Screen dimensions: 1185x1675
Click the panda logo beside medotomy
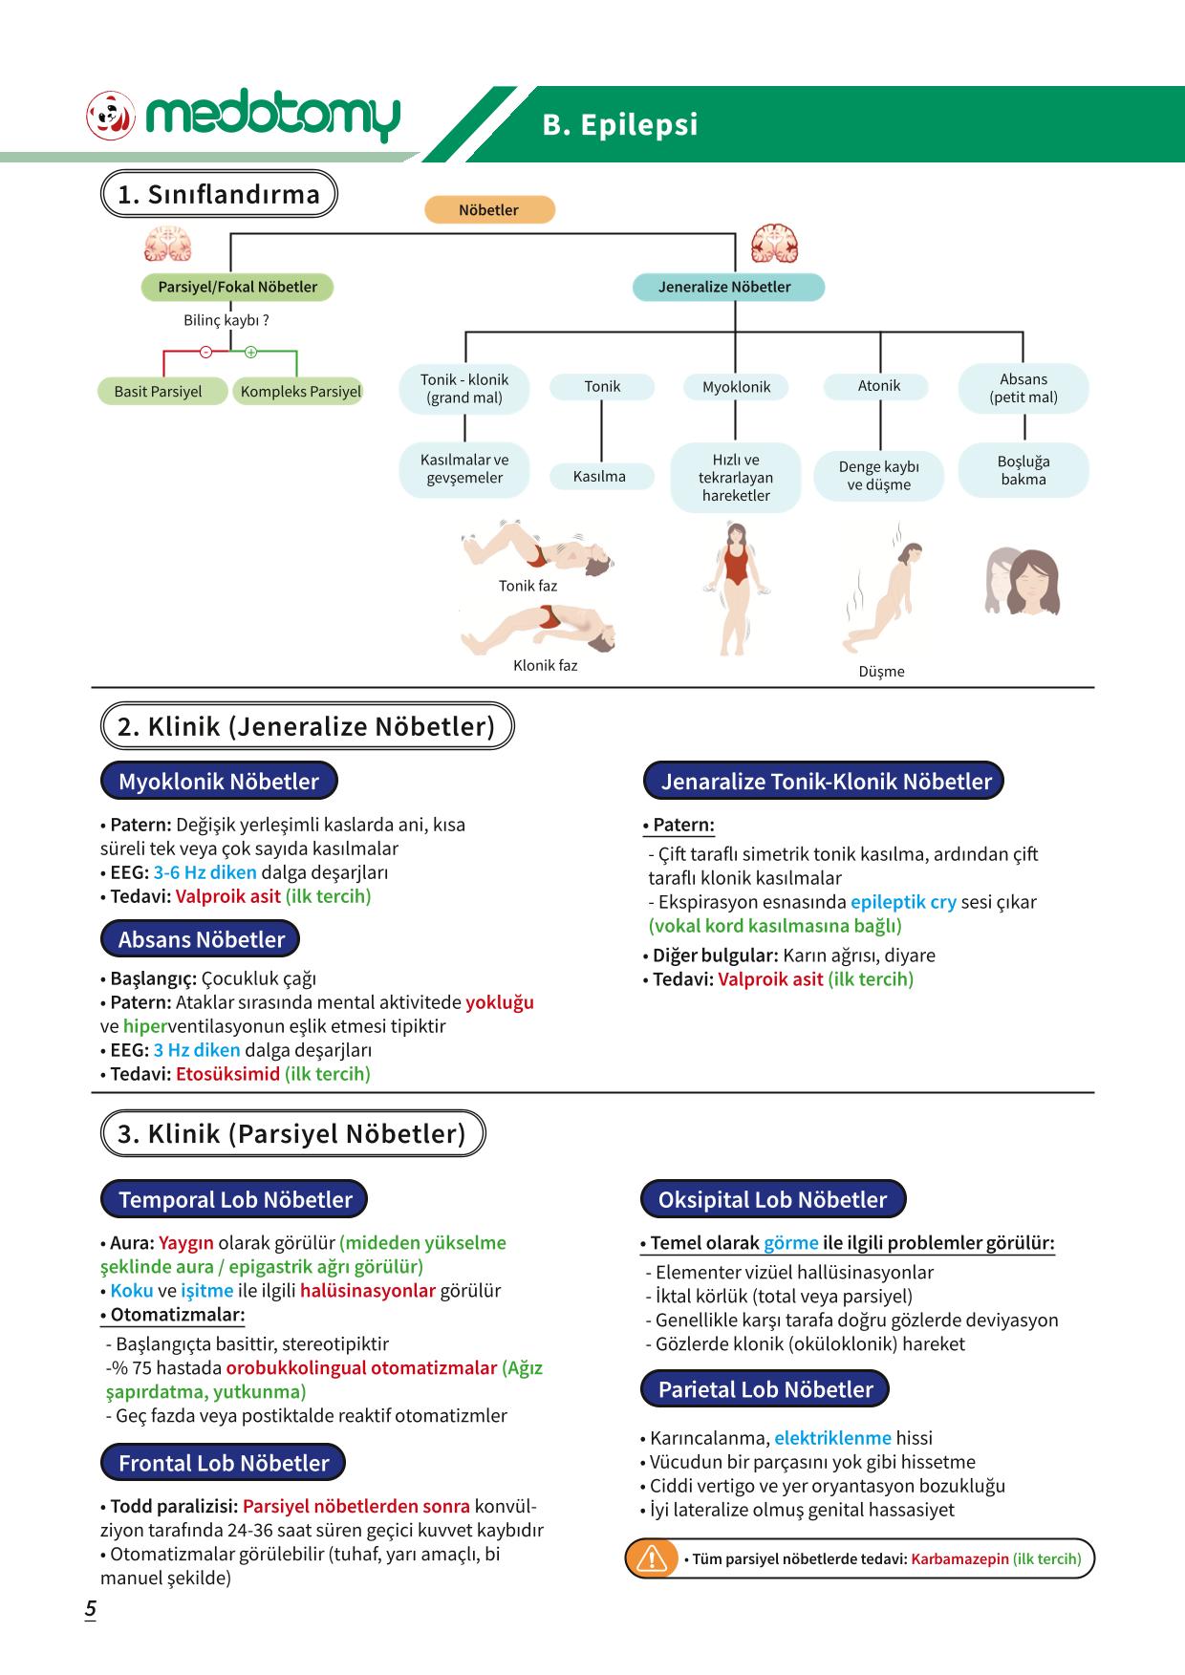[112, 117]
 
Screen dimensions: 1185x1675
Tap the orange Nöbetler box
[489, 210]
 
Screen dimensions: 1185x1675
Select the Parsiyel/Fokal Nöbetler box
[238, 287]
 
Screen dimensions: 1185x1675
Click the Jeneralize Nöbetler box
[728, 287]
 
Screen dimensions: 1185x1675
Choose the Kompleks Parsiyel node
[299, 392]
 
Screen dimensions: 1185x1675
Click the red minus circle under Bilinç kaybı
[205, 352]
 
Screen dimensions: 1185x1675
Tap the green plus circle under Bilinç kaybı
[251, 352]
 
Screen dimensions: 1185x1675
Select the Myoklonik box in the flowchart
[736, 387]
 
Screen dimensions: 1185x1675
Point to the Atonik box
[879, 386]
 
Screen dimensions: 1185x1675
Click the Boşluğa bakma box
[1023, 470]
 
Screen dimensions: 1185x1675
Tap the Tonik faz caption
[528, 586]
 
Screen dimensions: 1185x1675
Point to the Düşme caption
[881, 672]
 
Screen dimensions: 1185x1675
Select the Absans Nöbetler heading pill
[200, 939]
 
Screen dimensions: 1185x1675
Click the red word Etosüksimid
[227, 1074]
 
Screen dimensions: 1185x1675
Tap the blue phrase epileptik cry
[903, 902]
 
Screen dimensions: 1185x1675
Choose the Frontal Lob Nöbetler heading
[223, 1463]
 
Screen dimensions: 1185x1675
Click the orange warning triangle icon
[651, 1558]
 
